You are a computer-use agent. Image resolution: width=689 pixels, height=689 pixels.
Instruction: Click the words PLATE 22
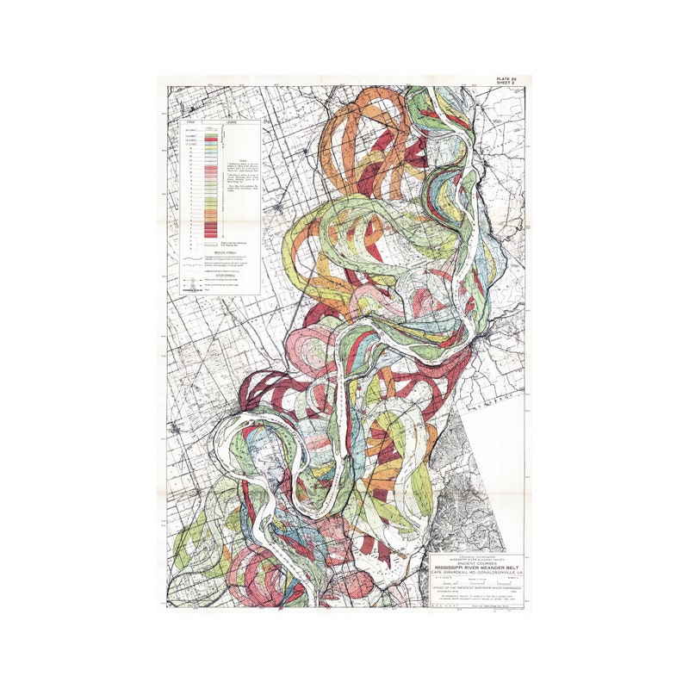pos(507,80)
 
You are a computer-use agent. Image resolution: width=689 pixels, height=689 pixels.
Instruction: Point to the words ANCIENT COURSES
pos(475,563)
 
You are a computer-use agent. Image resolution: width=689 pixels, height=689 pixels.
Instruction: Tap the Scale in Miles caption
pos(475,580)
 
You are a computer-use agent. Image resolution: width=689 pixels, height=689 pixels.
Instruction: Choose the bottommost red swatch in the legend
pos(209,235)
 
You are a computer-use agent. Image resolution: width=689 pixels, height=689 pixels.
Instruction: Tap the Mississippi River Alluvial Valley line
pos(475,559)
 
